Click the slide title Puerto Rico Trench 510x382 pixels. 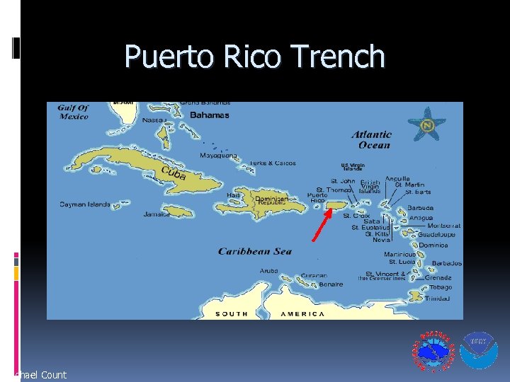pyautogui.click(x=254, y=57)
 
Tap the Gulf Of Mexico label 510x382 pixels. pyautogui.click(x=73, y=112)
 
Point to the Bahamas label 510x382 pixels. pyautogui.click(x=209, y=115)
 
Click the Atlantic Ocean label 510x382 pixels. pyautogui.click(x=371, y=139)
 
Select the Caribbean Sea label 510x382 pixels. pyautogui.click(x=254, y=251)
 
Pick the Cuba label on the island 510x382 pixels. pyautogui.click(x=174, y=173)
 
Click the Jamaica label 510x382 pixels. pyautogui.click(x=156, y=214)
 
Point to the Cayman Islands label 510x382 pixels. pyautogui.click(x=85, y=204)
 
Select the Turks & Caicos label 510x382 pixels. pyautogui.click(x=272, y=163)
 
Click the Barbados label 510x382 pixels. pyautogui.click(x=446, y=263)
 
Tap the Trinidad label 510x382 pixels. pyautogui.click(x=437, y=299)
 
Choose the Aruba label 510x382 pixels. pyautogui.click(x=268, y=271)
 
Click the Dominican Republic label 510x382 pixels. pyautogui.click(x=271, y=201)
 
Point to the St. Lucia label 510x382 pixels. pyautogui.click(x=402, y=262)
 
